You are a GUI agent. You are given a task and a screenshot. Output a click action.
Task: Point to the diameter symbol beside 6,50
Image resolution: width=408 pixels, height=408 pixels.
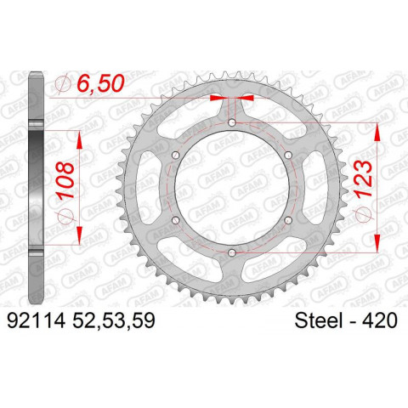point(60,83)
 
